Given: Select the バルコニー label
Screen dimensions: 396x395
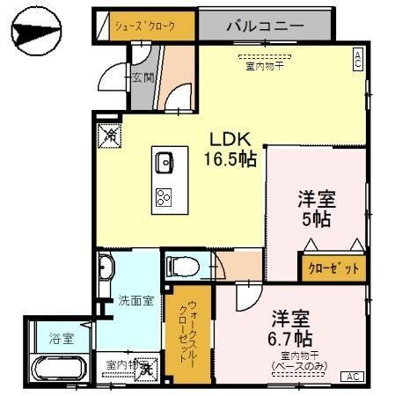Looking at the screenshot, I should coord(261,26).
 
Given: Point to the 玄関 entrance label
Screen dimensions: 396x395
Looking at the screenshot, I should coord(143,78).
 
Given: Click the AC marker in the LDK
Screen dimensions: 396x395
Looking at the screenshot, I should coord(358,60).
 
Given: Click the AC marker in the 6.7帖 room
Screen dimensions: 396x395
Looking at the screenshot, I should coord(352,377).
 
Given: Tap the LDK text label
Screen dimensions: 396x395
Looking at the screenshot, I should coord(230,139).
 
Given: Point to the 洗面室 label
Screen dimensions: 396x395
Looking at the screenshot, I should coord(135,300).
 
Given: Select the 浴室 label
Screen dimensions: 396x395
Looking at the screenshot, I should coord(62,337).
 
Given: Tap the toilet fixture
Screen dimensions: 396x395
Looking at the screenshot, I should coord(181,264).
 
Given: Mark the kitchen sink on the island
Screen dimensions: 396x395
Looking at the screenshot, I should coord(165,162).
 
